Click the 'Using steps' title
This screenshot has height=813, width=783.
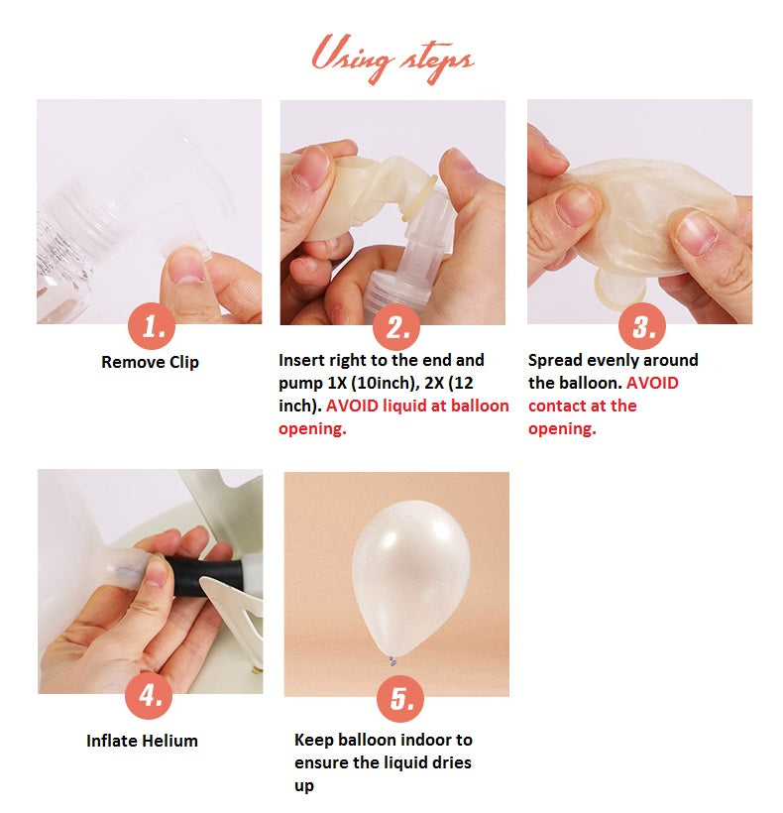392,58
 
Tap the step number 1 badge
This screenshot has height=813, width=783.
152,326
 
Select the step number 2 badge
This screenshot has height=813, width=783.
396,326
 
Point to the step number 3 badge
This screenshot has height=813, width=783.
642,326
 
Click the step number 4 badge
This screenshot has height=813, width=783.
149,695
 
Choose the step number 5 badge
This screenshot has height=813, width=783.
400,698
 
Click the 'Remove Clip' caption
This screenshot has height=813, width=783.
150,362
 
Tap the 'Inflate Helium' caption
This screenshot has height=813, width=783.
142,741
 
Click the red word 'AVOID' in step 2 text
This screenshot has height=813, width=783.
352,406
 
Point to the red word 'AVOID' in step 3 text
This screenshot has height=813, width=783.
652,383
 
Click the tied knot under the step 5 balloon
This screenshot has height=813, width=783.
392,661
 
